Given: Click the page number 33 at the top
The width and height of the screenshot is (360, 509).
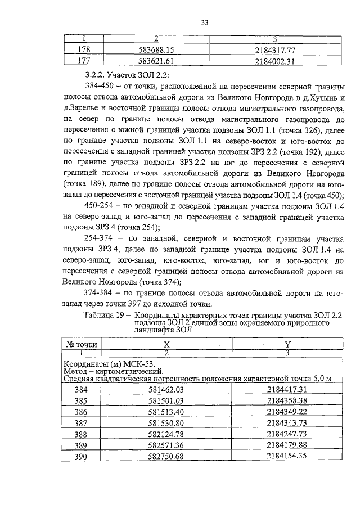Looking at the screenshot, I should pyautogui.click(x=205, y=22).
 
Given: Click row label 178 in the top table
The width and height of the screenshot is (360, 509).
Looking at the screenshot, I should pyautogui.click(x=83, y=49).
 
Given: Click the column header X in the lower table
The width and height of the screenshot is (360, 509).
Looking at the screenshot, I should pyautogui.click(x=166, y=344).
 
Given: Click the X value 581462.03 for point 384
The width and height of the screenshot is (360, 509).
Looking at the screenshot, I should pyautogui.click(x=165, y=389).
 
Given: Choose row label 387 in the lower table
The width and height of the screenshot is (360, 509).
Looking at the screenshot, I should pyautogui.click(x=83, y=422).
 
